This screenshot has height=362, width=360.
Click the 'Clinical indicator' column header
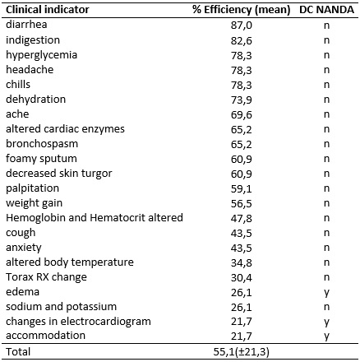point(48,10)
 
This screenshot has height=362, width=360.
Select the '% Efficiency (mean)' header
point(242,10)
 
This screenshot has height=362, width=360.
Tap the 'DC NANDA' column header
point(326,10)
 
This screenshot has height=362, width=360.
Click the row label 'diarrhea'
point(26,25)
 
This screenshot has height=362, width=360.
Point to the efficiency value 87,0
point(242,26)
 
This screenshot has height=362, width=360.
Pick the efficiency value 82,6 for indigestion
point(242,40)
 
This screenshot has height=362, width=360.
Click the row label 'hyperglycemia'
point(42,55)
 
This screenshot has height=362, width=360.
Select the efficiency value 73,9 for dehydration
point(242,100)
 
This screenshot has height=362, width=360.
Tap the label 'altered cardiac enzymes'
point(65,129)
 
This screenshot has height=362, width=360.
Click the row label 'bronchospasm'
point(42,144)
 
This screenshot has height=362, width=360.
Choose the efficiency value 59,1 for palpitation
point(242,188)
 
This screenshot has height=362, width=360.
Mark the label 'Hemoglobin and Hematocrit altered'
point(95,218)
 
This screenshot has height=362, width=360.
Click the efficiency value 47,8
point(242,218)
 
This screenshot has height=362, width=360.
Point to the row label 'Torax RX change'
point(46,277)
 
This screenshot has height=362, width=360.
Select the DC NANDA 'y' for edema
point(326,293)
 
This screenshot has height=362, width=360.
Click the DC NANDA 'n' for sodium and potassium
point(326,307)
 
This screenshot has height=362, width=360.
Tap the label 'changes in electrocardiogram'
point(78,322)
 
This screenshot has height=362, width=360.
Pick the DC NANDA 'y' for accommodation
point(326,336)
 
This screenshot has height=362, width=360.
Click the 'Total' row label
point(18,352)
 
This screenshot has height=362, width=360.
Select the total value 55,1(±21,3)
point(242,352)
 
